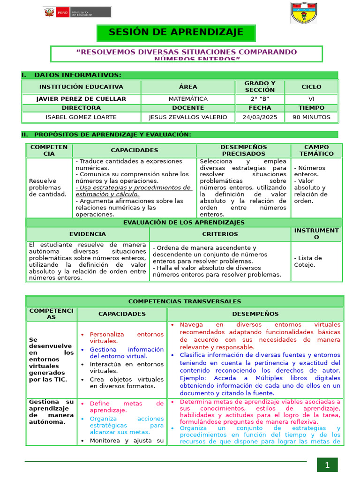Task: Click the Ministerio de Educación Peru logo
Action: (x=77, y=13)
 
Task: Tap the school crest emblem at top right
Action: (x=303, y=13)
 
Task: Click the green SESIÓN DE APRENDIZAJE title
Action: (x=176, y=32)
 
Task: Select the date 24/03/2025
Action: (x=260, y=117)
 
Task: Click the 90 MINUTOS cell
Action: (x=311, y=117)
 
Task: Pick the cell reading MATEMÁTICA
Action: (x=188, y=99)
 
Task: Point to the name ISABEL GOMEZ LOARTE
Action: (x=81, y=117)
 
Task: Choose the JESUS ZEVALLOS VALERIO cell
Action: (x=188, y=117)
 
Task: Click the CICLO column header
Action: (x=311, y=87)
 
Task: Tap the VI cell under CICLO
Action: (x=311, y=99)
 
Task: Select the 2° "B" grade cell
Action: (x=260, y=99)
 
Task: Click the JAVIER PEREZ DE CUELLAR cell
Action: (x=81, y=99)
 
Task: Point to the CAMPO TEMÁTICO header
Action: (x=317, y=150)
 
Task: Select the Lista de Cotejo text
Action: (x=307, y=261)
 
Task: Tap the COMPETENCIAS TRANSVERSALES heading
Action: (x=185, y=301)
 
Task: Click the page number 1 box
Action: (x=327, y=465)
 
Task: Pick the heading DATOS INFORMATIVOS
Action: (x=77, y=75)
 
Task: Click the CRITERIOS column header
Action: (x=220, y=234)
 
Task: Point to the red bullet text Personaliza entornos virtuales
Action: (x=127, y=338)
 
